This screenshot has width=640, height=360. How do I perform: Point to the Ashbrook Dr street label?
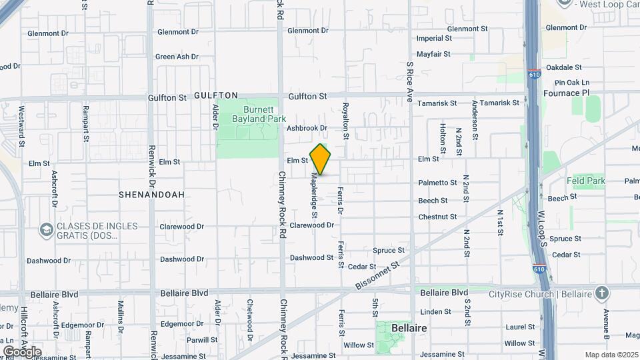click(307, 128)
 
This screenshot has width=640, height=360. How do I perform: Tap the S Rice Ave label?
click(410, 82)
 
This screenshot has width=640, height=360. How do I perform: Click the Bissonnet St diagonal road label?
click(377, 275)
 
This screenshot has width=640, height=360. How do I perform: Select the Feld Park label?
click(586, 181)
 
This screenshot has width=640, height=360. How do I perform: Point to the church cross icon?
click(602, 293)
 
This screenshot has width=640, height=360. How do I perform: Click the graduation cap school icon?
click(46, 231)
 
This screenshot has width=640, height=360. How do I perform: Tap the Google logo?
click(22, 351)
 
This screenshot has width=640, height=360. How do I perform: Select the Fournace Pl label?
click(567, 93)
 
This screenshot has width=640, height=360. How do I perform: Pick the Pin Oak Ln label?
click(567, 82)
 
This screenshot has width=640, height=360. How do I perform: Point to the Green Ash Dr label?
click(177, 57)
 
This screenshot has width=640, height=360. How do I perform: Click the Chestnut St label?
click(437, 217)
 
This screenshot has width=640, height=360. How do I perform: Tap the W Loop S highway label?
click(542, 229)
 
